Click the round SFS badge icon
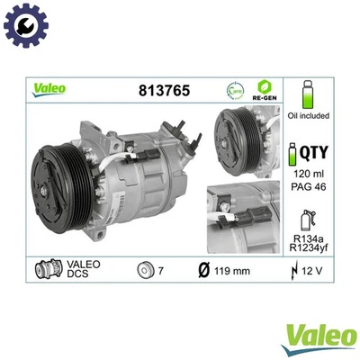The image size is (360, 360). click(234, 90)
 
